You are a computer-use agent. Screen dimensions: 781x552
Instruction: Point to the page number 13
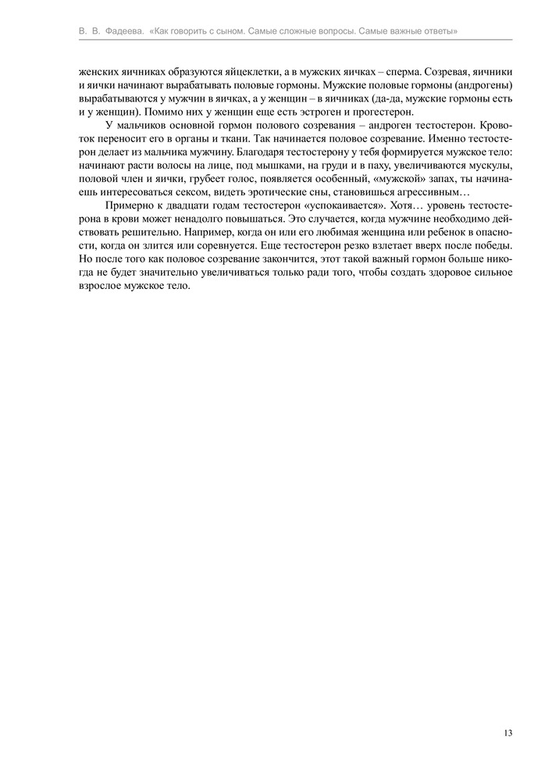click(x=508, y=733)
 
